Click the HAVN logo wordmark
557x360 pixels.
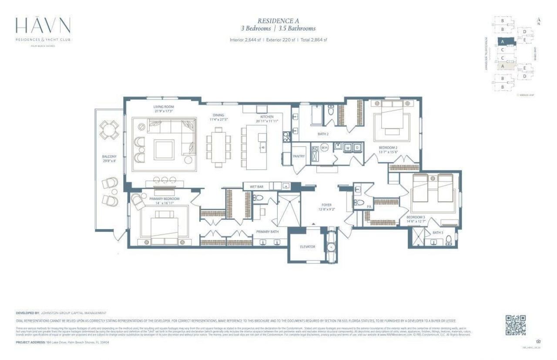[43, 27]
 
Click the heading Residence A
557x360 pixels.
[278, 20]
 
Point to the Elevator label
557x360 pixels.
[307, 247]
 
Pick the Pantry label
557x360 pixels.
[299, 156]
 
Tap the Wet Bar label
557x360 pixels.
[256, 187]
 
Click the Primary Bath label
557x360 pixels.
[267, 232]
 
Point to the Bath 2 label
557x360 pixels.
[322, 134]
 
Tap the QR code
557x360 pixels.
[516, 325]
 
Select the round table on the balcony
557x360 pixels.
[109, 129]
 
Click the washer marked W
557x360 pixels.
[348, 147]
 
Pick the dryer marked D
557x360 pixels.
[357, 147]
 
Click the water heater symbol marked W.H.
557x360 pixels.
[324, 148]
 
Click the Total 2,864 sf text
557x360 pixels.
[313, 40]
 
